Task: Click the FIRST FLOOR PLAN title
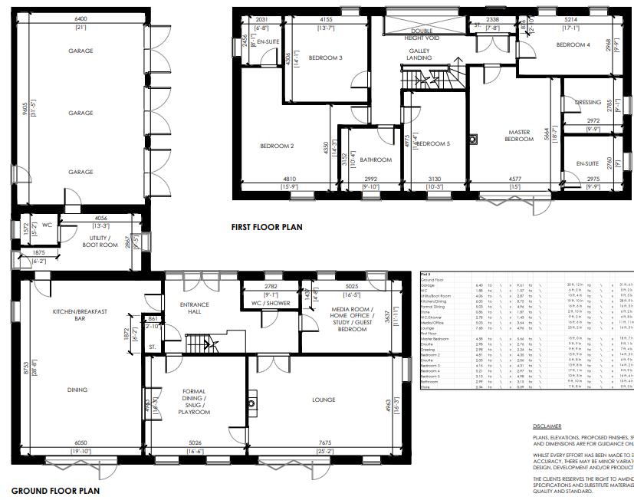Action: tap(267, 227)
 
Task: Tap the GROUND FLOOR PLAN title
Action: tap(55, 490)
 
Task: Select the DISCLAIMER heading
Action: tap(547, 426)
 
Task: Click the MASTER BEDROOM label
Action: tap(518, 135)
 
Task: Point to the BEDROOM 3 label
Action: tap(325, 58)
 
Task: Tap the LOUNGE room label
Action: tap(324, 400)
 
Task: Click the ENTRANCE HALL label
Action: tap(194, 308)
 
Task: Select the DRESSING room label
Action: tap(587, 101)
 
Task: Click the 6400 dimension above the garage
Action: tap(80, 17)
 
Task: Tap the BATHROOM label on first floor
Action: tap(376, 160)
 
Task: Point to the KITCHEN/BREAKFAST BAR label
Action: tap(80, 316)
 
